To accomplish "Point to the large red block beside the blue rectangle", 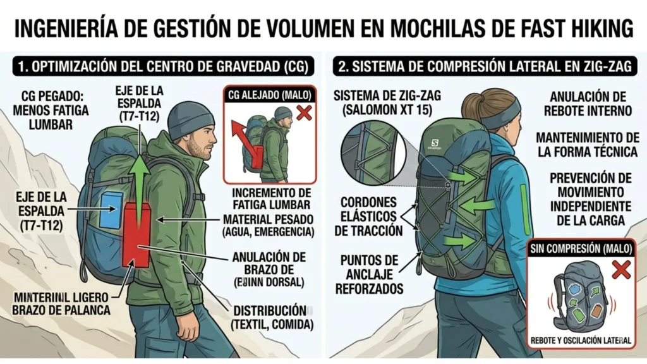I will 136,234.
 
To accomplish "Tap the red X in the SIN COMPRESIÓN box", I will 622,271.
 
